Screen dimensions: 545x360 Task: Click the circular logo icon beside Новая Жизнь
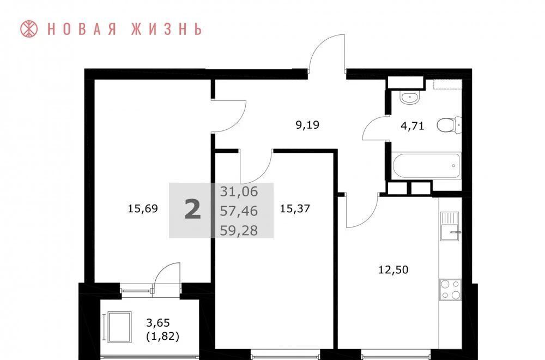[29, 29]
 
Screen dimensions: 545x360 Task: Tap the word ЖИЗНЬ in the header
[166, 29]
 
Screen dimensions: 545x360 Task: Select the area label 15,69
[143, 209]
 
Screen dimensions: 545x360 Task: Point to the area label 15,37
[295, 209]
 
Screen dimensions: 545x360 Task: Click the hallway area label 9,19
[307, 125]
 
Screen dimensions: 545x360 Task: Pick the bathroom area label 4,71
[412, 126]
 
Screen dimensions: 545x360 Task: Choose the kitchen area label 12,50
[393, 269]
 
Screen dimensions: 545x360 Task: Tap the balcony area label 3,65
[158, 323]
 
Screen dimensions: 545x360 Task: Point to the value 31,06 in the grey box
[239, 191]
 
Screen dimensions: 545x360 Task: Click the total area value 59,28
[239, 230]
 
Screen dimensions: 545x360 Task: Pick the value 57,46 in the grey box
[239, 211]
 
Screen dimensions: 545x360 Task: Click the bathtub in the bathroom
[427, 166]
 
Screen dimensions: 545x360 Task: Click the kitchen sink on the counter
[451, 226]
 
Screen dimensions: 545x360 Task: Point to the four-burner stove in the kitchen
[451, 290]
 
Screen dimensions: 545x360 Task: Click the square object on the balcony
[119, 327]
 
